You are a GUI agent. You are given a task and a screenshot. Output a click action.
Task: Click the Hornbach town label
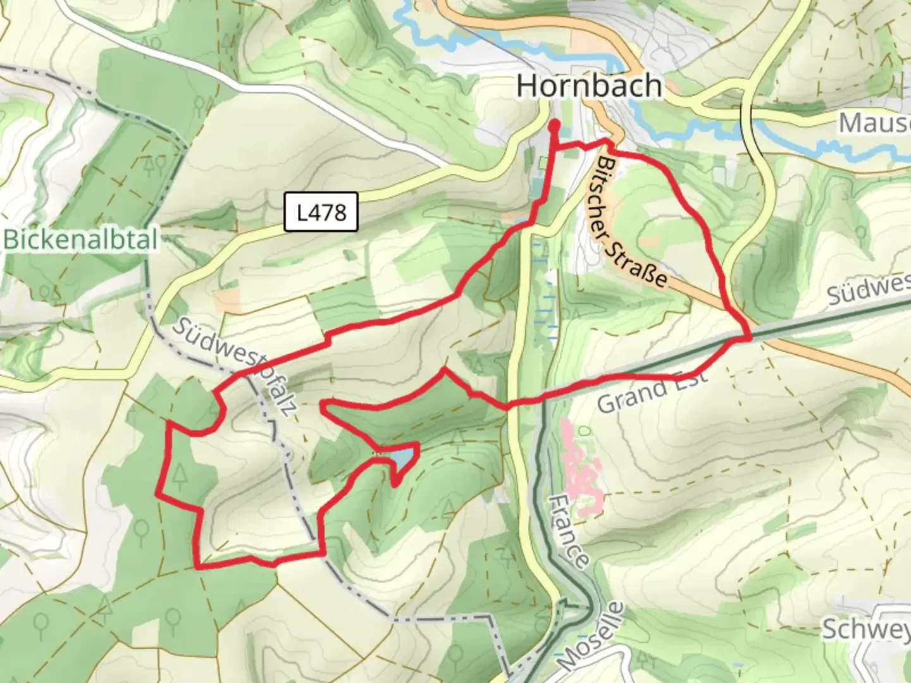coord(589,86)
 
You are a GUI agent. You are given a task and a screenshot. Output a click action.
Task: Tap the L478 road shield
coord(321,212)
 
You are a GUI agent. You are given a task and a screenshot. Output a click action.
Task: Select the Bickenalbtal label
coord(80,240)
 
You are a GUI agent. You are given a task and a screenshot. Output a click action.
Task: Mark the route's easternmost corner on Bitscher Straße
coord(749,338)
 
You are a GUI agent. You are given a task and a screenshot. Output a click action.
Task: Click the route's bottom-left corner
coord(199,566)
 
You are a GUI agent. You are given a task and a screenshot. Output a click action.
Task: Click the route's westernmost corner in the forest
coord(158,493)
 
